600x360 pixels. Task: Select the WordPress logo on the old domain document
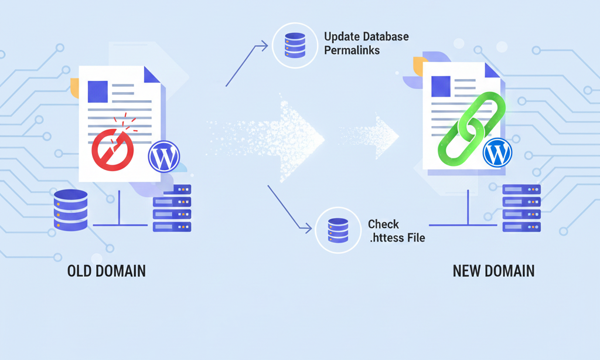pos(164,157)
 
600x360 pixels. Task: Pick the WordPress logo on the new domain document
pos(497,154)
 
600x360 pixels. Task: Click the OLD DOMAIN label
pos(107,271)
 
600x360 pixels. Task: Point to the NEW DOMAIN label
pos(493,271)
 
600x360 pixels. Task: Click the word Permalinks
pos(352,50)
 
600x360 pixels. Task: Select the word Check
pos(383,224)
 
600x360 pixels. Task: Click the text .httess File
pos(396,238)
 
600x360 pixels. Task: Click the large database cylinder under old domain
pos(70,210)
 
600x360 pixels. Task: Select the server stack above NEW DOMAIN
pos(521,208)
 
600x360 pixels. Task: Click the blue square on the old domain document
pos(97,90)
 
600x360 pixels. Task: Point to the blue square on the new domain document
pos(441,86)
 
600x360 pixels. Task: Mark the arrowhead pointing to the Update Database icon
pos(265,44)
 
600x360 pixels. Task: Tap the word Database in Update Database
pos(385,36)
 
